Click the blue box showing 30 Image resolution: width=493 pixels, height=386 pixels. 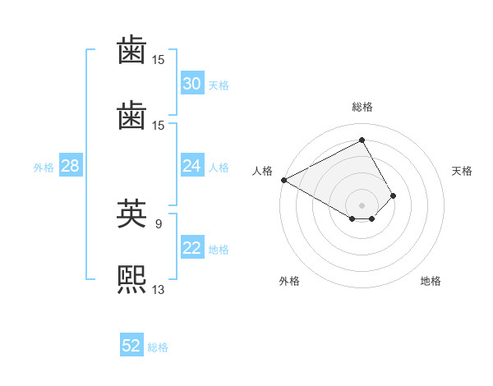pos(191,84)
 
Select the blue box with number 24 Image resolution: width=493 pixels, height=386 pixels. pos(191,166)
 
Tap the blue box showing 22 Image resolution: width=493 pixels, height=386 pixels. pos(191,249)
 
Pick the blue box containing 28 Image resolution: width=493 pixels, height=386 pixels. pos(70,166)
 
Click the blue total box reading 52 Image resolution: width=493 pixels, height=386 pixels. pos(131,346)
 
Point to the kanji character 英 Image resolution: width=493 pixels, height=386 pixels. pos(131,213)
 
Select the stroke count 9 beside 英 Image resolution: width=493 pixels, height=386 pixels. pos(158,223)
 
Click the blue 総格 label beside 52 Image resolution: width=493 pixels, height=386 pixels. pos(158,347)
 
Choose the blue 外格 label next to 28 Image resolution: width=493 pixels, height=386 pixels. pos(44,168)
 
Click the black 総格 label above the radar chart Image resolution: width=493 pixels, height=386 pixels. pos(362,107)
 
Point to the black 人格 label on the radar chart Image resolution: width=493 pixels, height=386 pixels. pos(262,171)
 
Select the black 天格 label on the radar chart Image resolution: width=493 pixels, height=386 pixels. pos(462,171)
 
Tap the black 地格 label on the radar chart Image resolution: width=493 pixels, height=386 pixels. pos(431,282)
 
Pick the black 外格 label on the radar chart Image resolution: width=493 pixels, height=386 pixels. pos(289,282)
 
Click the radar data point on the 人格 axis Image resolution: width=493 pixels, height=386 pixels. pos(283,180)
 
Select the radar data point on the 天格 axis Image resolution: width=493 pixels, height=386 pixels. pos(394,195)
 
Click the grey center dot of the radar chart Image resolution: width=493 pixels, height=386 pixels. pos(362,204)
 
